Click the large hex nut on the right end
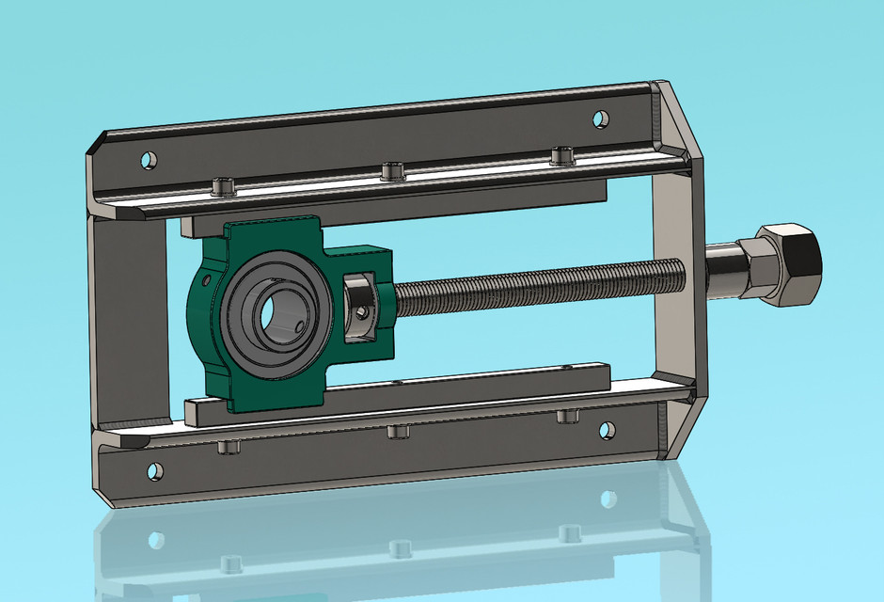click(788, 264)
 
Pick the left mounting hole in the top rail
click(148, 161)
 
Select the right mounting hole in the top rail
click(599, 119)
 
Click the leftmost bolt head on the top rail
click(222, 186)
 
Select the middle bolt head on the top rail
click(392, 170)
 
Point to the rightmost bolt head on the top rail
click(561, 154)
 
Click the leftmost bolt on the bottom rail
click(228, 447)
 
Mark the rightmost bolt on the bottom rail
click(566, 417)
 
